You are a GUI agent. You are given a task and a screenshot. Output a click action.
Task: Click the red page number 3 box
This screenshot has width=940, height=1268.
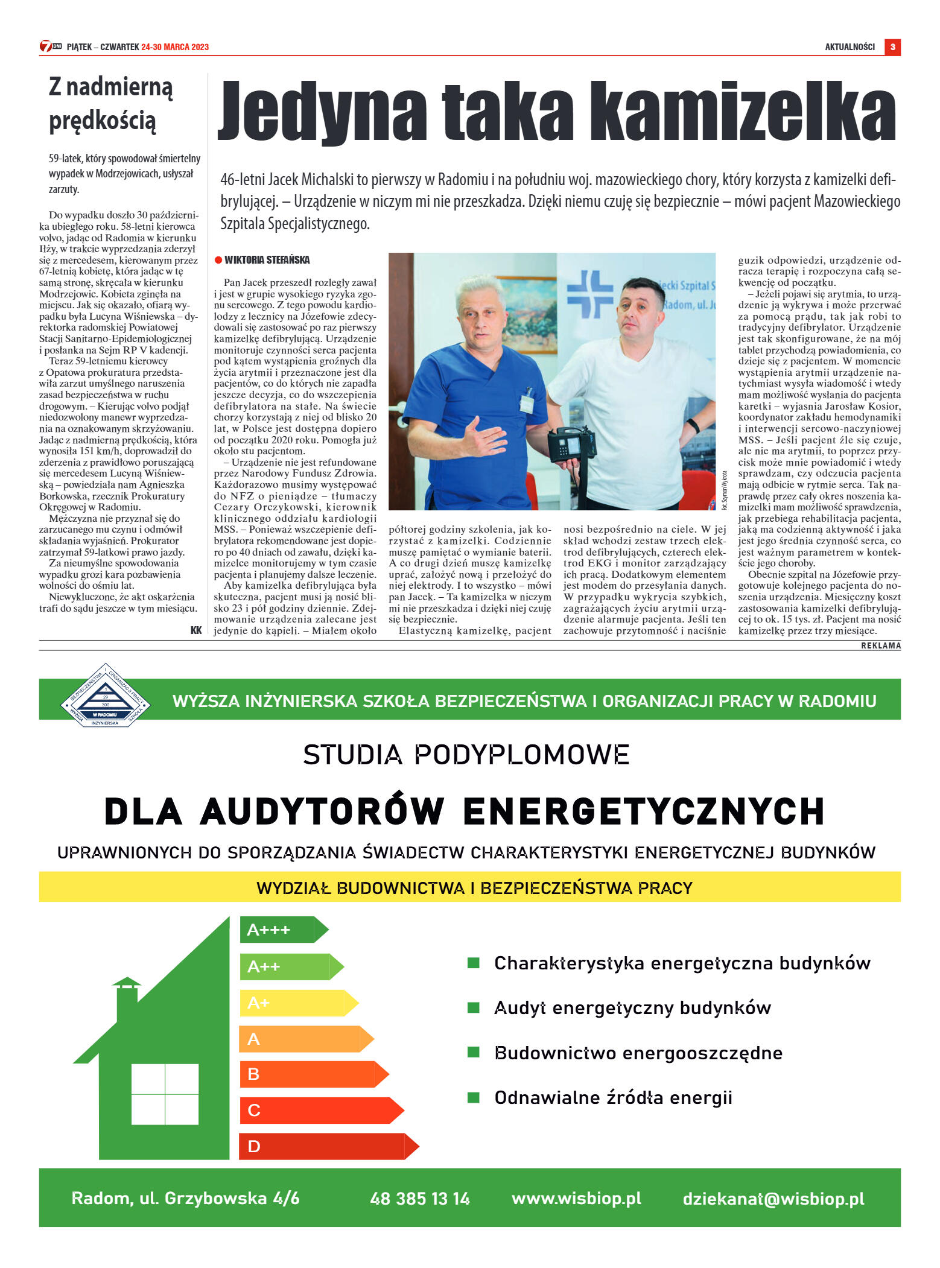point(892,47)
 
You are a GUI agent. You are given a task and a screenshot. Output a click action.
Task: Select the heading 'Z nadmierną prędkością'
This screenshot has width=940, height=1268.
point(111,104)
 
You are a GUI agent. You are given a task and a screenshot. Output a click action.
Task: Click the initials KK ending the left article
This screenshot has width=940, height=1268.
point(196,630)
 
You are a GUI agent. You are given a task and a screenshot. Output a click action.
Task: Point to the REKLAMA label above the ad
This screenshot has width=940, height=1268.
point(880,645)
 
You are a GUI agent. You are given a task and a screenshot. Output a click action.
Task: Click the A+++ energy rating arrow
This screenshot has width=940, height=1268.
point(284,930)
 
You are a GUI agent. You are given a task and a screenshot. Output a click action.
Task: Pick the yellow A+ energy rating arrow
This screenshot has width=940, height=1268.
point(298,1003)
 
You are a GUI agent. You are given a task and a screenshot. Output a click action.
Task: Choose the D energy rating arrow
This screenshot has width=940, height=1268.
point(328,1146)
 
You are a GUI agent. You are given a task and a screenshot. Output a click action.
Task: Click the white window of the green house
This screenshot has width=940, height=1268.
point(165,1094)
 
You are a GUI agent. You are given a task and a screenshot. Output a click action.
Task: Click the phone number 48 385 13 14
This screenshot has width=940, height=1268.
point(420,1199)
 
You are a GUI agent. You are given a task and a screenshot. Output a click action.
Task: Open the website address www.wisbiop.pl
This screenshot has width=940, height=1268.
point(576,1199)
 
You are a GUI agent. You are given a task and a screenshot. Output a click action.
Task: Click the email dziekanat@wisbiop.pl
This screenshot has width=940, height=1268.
point(773,1199)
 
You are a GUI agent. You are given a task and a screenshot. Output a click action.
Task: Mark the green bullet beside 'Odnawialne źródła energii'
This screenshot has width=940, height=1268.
point(474,1097)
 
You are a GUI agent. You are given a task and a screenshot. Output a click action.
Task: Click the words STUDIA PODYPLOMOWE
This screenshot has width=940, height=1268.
point(466,755)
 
